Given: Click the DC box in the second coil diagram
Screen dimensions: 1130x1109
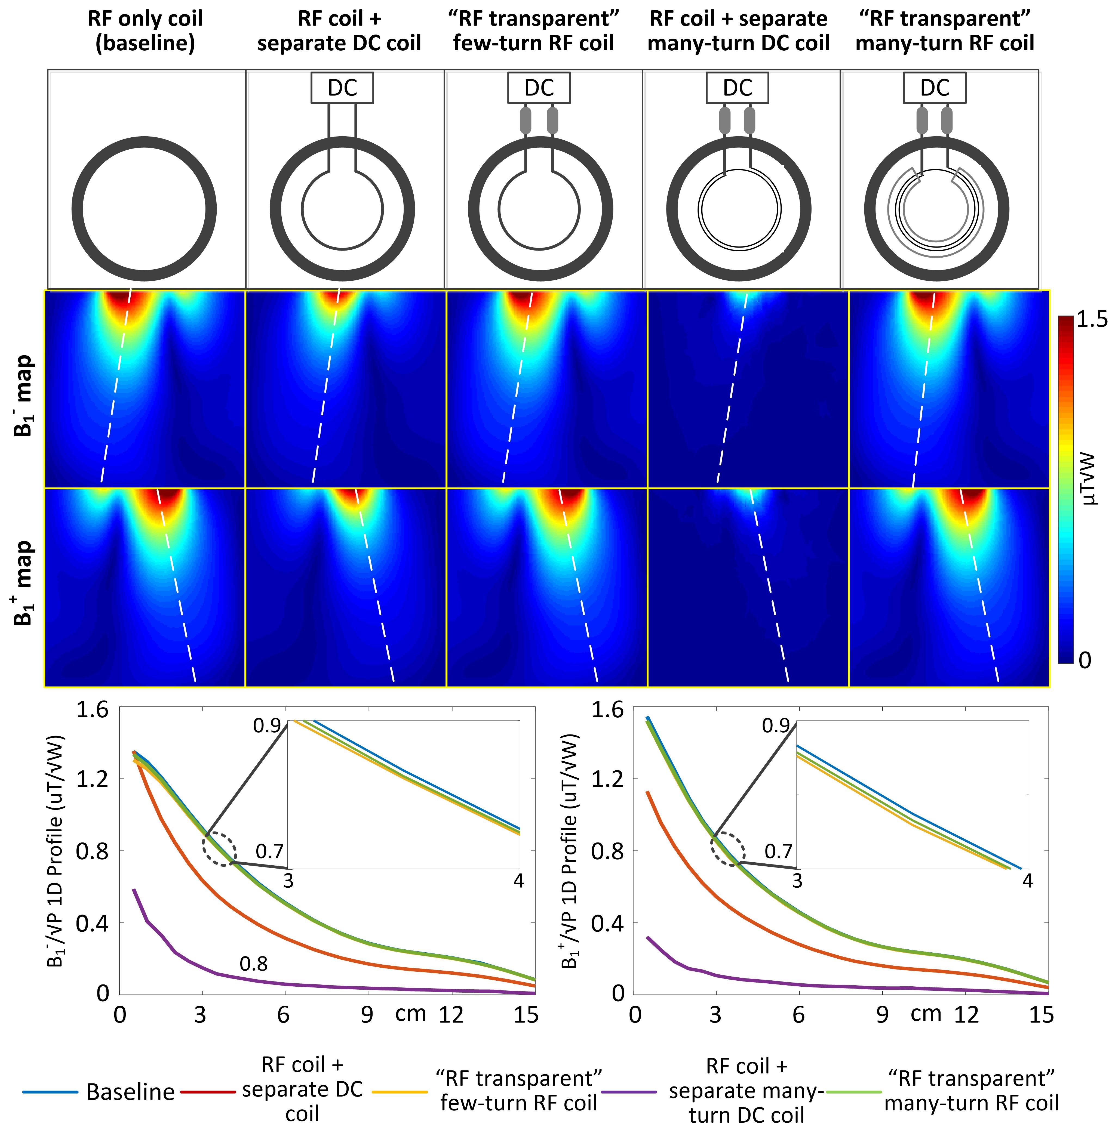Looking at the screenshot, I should (x=342, y=88).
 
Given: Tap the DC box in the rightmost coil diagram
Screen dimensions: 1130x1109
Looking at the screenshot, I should (x=934, y=88).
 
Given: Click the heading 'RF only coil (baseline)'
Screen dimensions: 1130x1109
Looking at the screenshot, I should (x=145, y=31).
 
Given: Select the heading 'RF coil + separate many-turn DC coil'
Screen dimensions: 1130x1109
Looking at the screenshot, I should (x=738, y=31).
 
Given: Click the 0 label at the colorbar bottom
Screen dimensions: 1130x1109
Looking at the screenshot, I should (x=1085, y=660).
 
